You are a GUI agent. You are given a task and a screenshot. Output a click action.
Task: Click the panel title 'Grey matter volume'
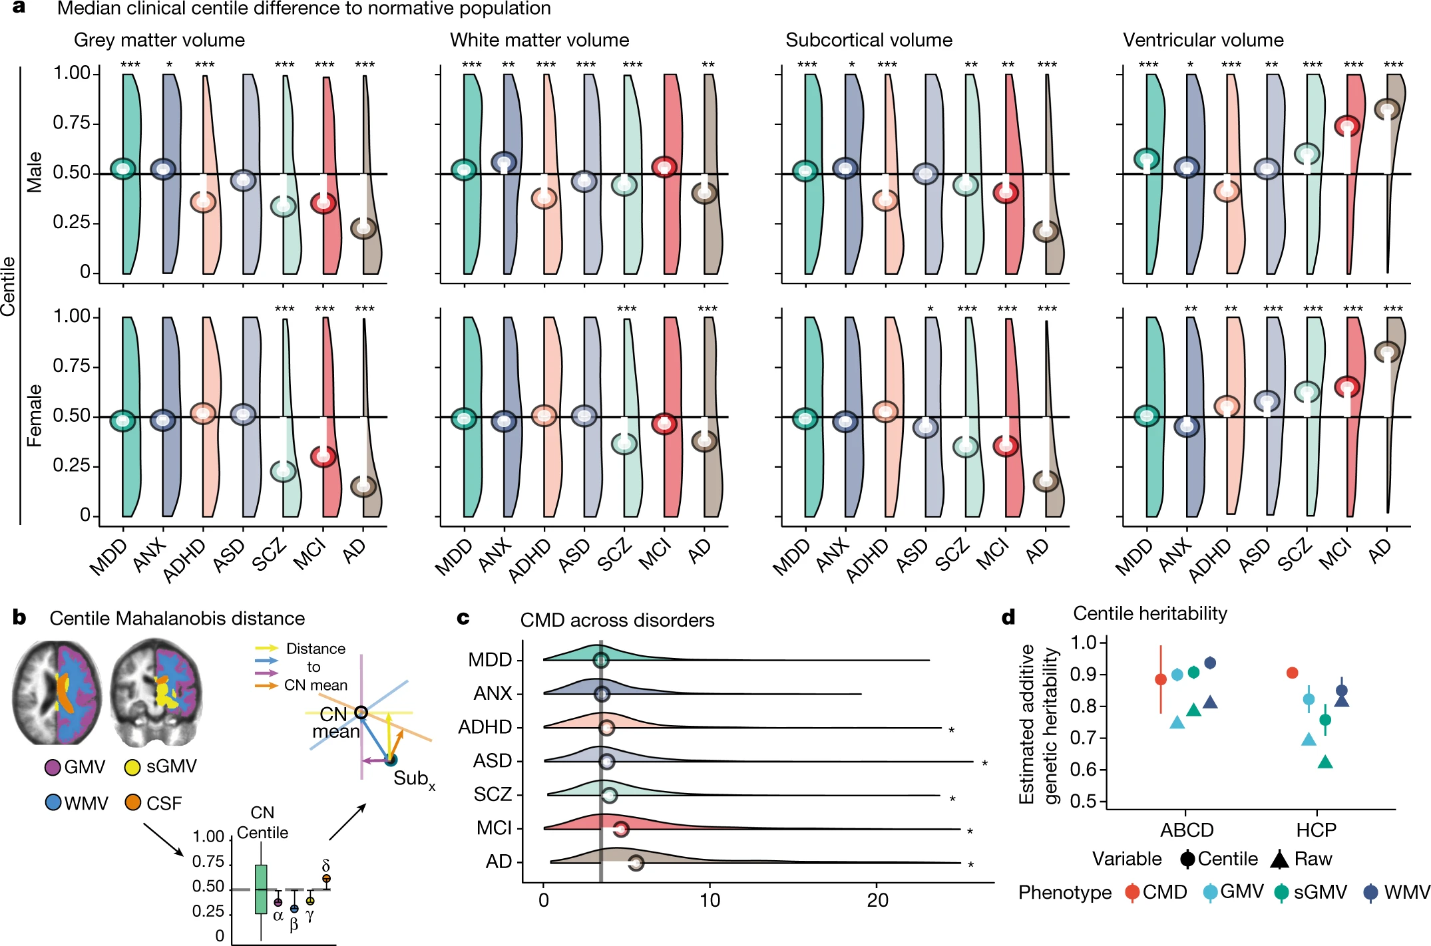click(x=159, y=40)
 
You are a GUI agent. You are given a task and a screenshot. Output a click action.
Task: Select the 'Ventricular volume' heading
click(x=1203, y=40)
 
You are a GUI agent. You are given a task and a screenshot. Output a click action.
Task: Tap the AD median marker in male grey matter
click(x=364, y=228)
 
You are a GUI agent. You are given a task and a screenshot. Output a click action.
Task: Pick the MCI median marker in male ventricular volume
click(x=1347, y=126)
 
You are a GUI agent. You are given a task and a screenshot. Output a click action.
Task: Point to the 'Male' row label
click(x=34, y=172)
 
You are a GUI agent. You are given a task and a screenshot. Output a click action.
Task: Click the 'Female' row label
click(x=34, y=415)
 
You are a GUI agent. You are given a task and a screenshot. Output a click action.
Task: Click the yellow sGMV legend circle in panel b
click(x=132, y=768)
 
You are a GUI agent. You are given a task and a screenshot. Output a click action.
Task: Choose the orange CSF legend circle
click(x=132, y=803)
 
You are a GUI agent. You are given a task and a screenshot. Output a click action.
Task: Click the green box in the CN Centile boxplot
click(x=261, y=889)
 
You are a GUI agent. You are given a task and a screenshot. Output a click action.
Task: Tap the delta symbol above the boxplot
click(x=325, y=866)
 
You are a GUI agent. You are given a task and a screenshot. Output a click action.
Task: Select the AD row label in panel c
click(x=499, y=862)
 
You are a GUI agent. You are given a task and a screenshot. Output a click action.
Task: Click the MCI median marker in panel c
click(x=620, y=829)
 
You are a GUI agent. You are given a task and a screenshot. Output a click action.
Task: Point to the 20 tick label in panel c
click(x=877, y=901)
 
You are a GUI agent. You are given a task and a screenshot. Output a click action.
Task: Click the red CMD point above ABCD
click(x=1161, y=679)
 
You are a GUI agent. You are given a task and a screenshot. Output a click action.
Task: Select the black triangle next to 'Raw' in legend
click(x=1279, y=860)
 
